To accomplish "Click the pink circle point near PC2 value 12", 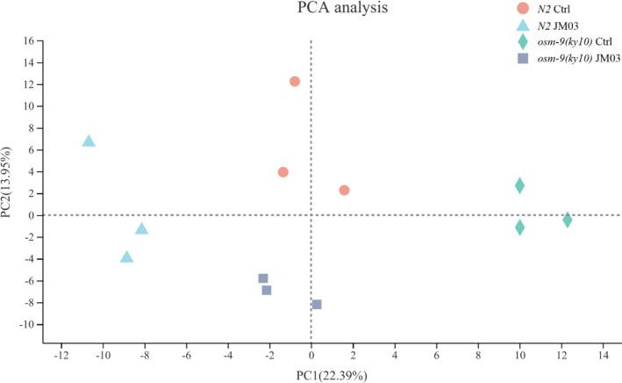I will [295, 82].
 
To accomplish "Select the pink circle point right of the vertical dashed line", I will [345, 190].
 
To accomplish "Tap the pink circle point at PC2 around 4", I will [283, 172].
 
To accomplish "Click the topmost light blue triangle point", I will [89, 141].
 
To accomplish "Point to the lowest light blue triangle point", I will [126, 257].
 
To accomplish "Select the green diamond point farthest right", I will [568, 220].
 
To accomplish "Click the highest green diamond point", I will [519, 185].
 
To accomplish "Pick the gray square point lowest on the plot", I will [317, 304].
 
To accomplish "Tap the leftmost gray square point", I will [263, 278].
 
